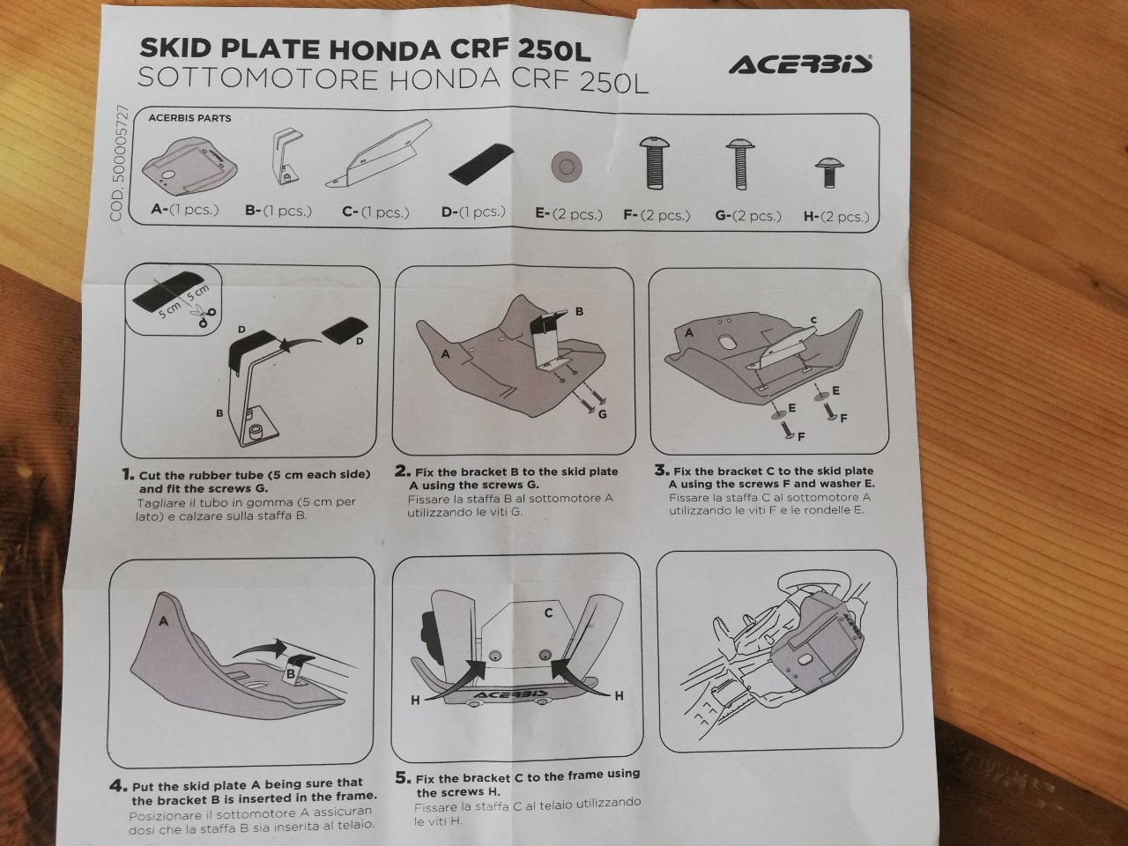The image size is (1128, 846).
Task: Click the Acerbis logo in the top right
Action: pos(800,65)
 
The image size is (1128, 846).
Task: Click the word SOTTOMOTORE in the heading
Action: pos(258,78)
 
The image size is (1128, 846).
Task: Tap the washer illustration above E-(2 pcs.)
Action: pos(567,167)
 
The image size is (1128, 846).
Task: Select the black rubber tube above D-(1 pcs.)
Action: pos(481,164)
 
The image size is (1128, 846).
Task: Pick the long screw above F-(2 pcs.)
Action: pos(655,163)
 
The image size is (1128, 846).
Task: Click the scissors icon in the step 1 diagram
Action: pos(203,314)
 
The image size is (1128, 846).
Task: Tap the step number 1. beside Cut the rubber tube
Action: pos(129,474)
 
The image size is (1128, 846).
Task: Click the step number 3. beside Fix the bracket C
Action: pos(662,470)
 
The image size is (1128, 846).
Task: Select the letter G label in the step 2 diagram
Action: pos(602,414)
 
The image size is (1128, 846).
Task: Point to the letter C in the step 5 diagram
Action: pos(548,612)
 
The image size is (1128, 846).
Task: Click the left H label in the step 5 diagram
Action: pos(415,700)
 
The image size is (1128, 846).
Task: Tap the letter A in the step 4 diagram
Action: pos(163,621)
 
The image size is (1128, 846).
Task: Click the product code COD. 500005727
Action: pos(117,163)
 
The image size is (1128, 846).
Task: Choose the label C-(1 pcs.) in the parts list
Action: pos(375,211)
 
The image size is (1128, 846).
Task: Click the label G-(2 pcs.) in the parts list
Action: pos(748,216)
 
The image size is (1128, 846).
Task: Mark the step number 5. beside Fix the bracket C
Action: pos(403,777)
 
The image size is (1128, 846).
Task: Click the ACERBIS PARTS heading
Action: pos(189,117)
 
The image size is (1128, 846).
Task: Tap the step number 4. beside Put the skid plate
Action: pos(118,786)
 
